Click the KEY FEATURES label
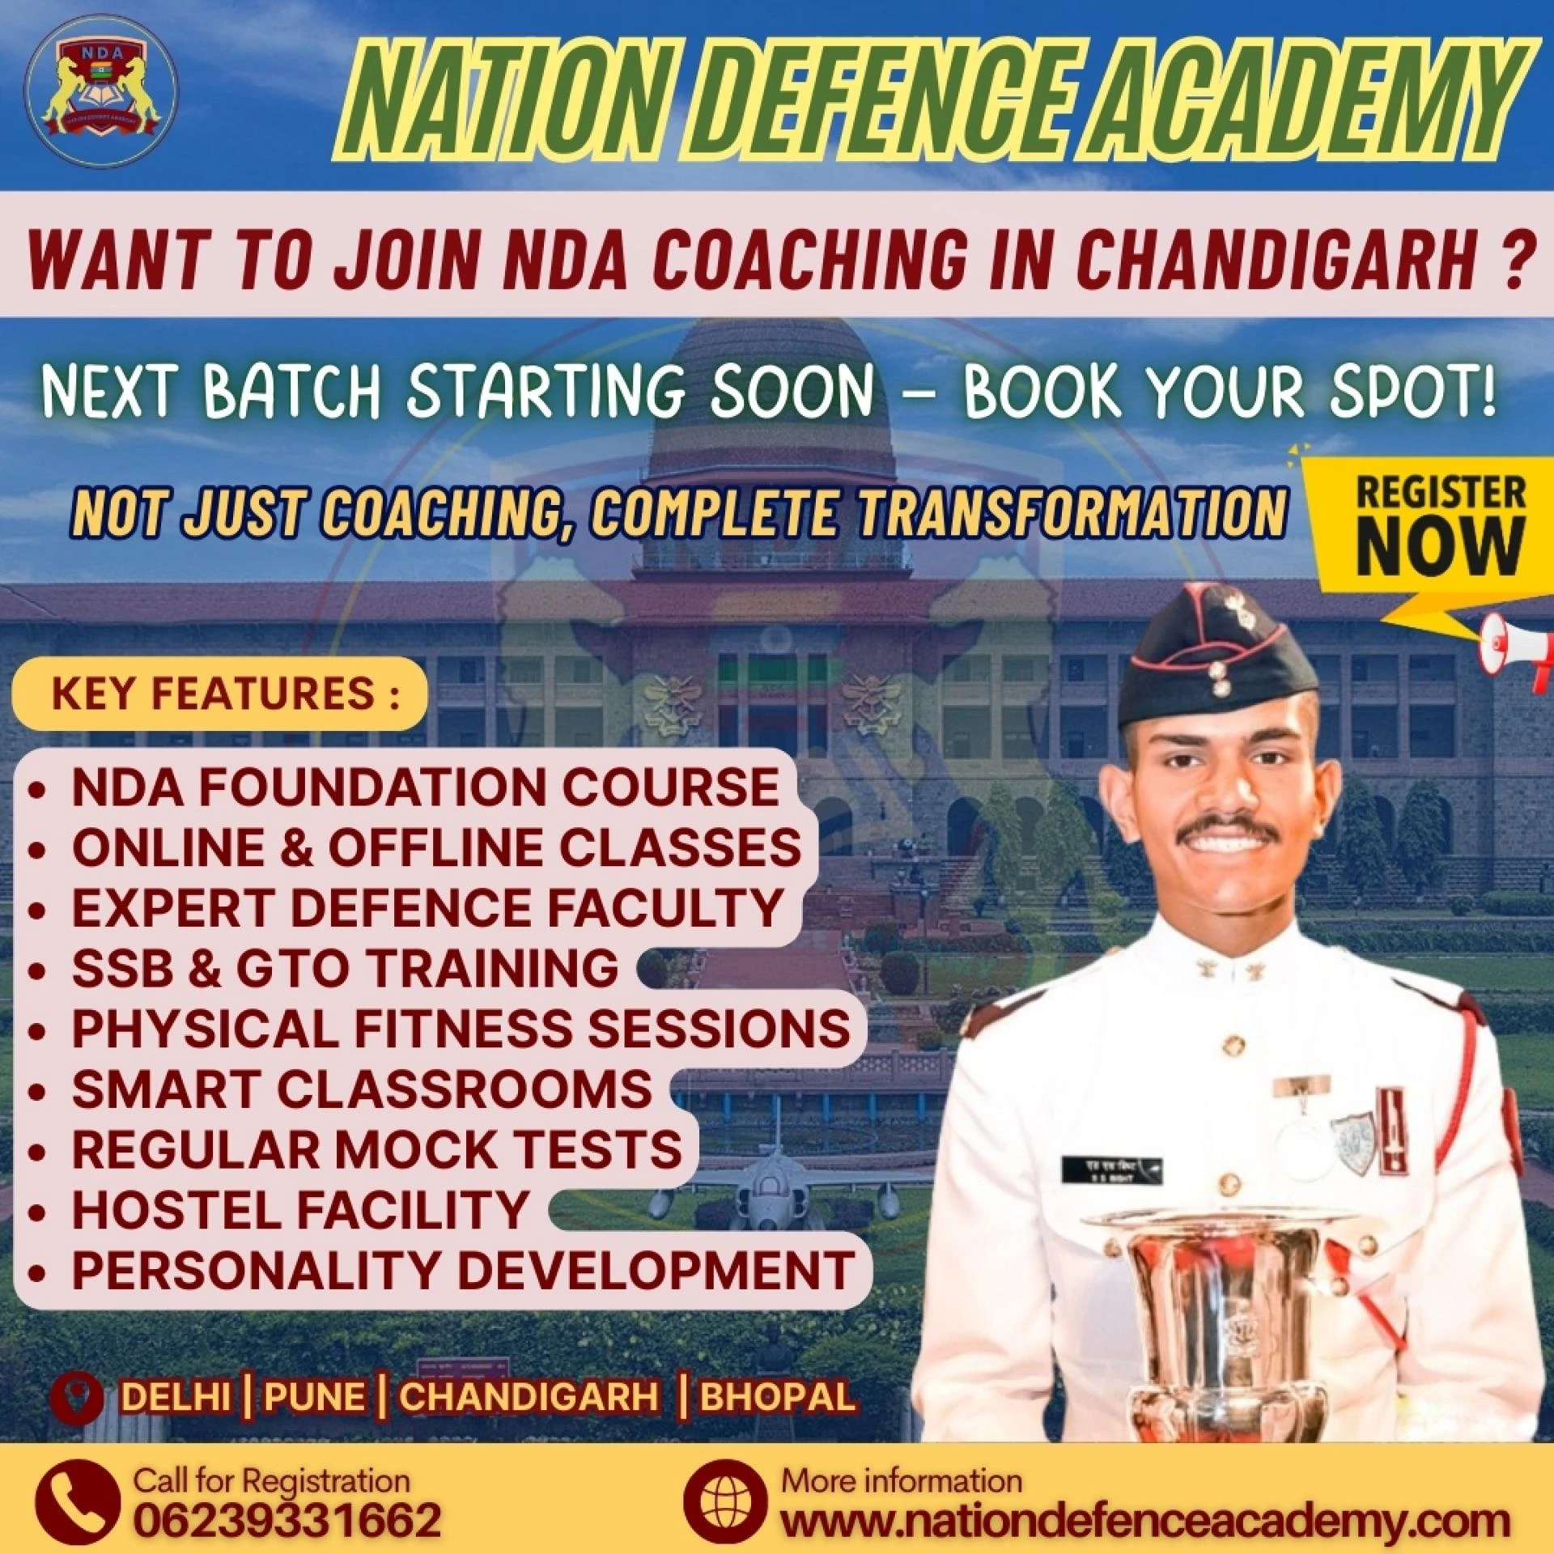click(220, 694)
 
